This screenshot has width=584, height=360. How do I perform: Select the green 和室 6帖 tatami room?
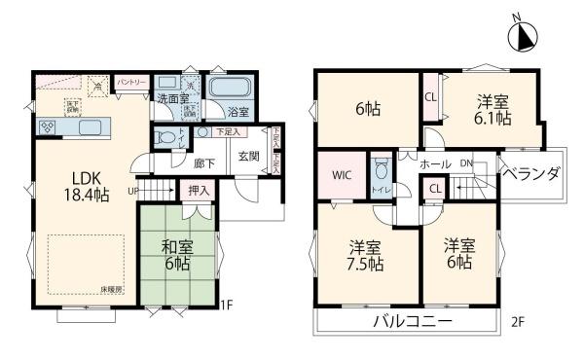176,255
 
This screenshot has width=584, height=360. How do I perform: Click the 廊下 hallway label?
203,164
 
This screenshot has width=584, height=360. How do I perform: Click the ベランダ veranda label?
530,174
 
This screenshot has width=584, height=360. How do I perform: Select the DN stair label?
466,164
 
